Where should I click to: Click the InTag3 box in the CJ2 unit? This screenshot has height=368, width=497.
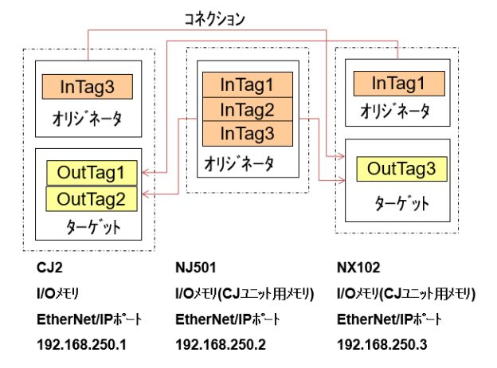(87, 86)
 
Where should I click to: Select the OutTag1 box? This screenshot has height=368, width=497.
(92, 172)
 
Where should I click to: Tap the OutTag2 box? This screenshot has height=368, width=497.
(92, 196)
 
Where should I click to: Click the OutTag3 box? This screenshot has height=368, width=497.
(401, 169)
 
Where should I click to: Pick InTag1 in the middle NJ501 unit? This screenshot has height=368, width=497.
(246, 84)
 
